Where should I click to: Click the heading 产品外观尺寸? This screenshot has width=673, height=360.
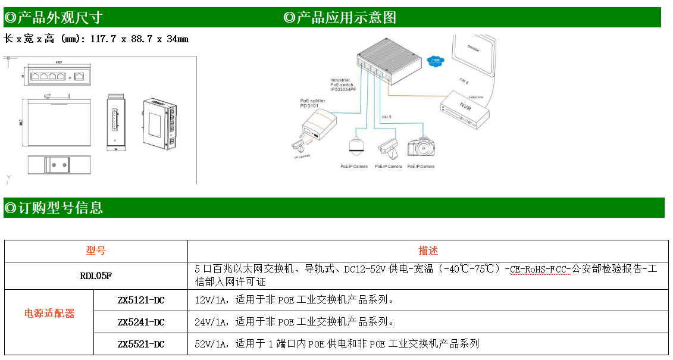click(x=54, y=17)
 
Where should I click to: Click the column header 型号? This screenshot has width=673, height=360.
click(x=96, y=251)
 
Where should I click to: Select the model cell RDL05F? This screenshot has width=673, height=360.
click(x=96, y=276)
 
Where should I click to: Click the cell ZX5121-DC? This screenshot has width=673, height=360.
click(x=141, y=300)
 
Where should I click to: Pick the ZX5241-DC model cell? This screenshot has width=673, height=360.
click(x=141, y=322)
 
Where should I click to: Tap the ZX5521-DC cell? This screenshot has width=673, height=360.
click(x=141, y=343)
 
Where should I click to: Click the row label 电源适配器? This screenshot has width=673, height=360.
click(x=49, y=313)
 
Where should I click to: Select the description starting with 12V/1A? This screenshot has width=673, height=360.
click(x=294, y=300)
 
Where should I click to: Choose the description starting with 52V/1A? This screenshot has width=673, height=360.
click(x=336, y=343)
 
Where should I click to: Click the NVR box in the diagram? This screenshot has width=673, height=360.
click(x=466, y=108)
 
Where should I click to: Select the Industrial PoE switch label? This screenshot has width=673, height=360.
click(x=343, y=84)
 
